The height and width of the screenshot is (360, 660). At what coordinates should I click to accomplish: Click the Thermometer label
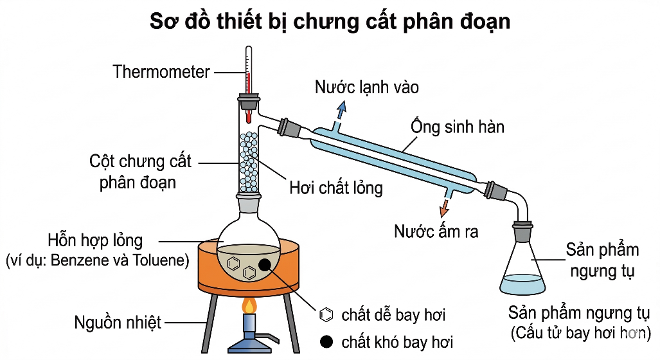161,71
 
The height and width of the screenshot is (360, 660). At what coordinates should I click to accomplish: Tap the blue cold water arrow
341,111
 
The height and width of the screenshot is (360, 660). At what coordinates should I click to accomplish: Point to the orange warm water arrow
444,207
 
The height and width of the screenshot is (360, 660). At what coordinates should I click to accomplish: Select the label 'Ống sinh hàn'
458,126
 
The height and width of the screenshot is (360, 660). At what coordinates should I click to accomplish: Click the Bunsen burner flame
250,306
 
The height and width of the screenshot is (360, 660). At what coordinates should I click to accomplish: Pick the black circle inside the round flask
265,264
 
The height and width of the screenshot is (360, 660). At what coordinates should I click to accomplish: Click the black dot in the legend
326,341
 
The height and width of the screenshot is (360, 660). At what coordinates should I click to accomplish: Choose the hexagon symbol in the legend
326,314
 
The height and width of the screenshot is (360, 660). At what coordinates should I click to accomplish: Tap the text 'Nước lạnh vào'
366,87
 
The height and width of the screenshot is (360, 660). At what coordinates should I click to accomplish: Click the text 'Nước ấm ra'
436,231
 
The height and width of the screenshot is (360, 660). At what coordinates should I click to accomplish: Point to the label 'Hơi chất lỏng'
336,188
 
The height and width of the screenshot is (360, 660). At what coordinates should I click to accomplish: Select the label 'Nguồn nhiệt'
118,323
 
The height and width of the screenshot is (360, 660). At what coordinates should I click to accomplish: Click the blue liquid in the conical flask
522,284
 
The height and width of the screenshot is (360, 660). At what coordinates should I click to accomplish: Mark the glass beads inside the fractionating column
249,162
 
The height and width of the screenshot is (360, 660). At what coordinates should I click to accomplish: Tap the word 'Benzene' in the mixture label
78,260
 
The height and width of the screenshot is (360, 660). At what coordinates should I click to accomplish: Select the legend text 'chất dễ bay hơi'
393,314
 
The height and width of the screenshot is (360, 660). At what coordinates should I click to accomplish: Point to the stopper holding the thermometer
248,102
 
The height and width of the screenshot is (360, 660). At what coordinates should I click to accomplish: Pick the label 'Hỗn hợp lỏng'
95,240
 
